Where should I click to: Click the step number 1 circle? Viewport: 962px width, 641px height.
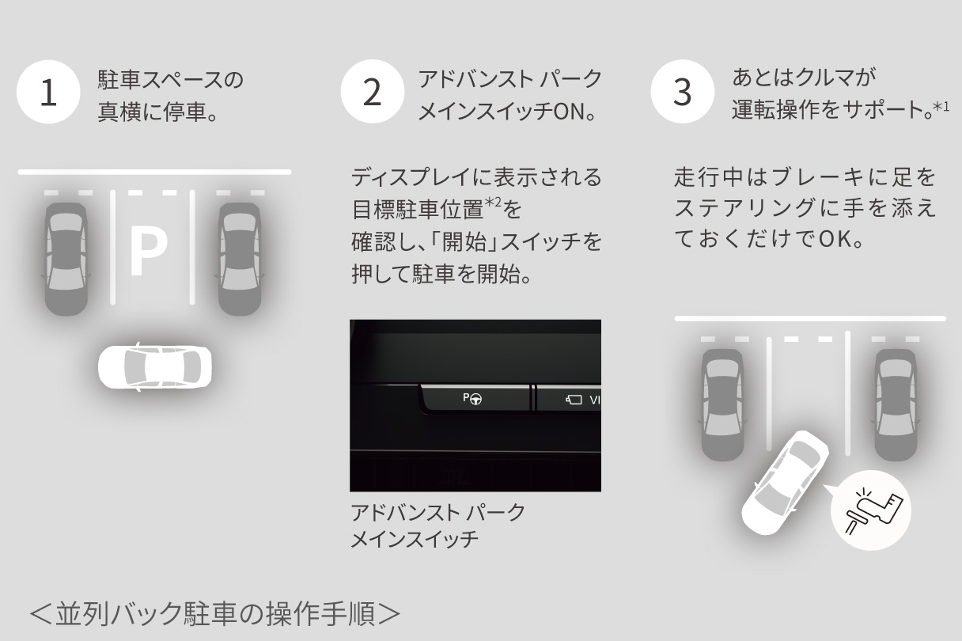(x=48, y=93)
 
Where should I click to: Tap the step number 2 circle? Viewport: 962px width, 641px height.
(x=372, y=93)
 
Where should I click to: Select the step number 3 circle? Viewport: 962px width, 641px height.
(x=681, y=93)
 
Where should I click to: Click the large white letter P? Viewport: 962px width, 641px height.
(x=148, y=252)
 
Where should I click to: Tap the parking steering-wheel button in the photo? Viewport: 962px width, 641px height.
(x=473, y=399)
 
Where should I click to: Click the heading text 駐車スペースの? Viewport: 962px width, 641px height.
(x=170, y=79)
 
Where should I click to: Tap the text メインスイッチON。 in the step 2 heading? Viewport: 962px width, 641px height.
(x=506, y=112)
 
